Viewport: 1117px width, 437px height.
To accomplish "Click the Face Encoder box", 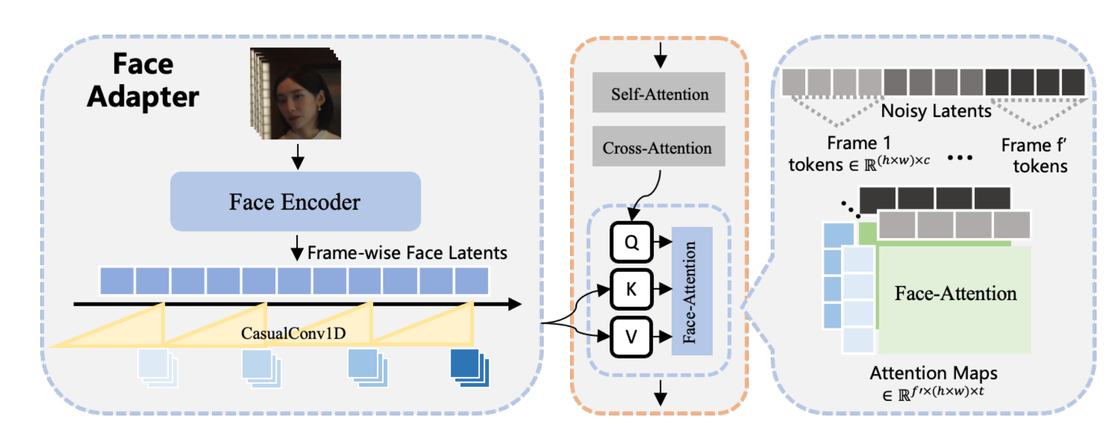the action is coord(295,201).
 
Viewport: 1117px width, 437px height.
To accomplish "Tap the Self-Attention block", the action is coord(659,92).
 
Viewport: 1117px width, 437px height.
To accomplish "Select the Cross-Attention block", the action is coord(659,146).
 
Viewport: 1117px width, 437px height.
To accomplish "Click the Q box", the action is coord(631,242).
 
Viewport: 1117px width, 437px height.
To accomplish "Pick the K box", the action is coord(631,289).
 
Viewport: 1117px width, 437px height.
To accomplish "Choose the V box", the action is coord(631,336).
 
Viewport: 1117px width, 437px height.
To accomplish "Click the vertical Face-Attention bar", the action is coord(692,291).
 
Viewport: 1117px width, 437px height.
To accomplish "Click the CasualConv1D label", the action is coord(293,333).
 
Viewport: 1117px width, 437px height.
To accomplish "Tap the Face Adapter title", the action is coord(143,80).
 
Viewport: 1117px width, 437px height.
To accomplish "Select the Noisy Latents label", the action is coord(936,111).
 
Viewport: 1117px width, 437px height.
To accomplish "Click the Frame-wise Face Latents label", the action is coord(407,253).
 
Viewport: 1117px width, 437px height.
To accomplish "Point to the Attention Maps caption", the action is coord(933,373).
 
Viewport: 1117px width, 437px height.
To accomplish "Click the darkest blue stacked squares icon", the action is coord(469,367).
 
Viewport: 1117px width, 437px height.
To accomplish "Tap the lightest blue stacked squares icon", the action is coord(158,367).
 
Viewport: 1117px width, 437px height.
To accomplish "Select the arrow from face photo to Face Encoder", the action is coord(297,157).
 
